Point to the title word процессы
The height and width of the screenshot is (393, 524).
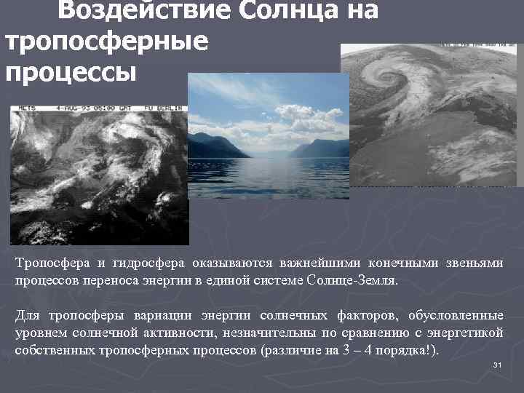pyautogui.click(x=71, y=72)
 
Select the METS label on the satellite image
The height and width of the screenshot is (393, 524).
pyautogui.click(x=28, y=107)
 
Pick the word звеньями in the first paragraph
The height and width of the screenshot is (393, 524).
pyautogui.click(x=477, y=263)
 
